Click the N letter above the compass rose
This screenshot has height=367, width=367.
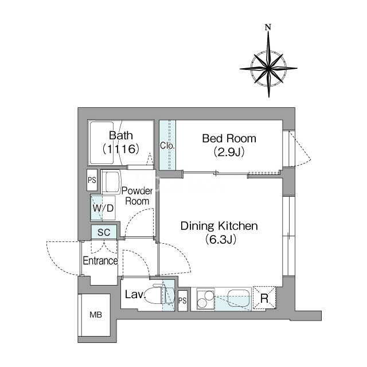pyautogui.click(x=268, y=28)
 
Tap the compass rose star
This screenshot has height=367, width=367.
pyautogui.click(x=268, y=68)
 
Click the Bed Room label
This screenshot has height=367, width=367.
pyautogui.click(x=229, y=138)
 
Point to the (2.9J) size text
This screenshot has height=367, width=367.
pyautogui.click(x=229, y=151)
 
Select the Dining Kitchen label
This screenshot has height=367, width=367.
pyautogui.click(x=219, y=226)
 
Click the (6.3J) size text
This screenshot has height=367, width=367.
pyautogui.click(x=220, y=239)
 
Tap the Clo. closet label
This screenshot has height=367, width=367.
pyautogui.click(x=167, y=146)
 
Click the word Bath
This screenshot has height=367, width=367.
pyautogui.click(x=121, y=135)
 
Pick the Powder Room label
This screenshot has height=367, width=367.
pyautogui.click(x=137, y=196)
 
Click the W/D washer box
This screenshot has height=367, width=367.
pyautogui.click(x=103, y=208)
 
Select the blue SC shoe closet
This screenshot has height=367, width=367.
pyautogui.click(x=104, y=232)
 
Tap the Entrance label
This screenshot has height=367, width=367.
pyautogui.click(x=100, y=261)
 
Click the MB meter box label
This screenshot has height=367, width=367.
pyautogui.click(x=96, y=315)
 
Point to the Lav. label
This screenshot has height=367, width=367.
pyautogui.click(x=135, y=294)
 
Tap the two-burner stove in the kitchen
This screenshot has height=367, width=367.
pyautogui.click(x=206, y=299)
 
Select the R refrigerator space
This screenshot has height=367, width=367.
pyautogui.click(x=264, y=298)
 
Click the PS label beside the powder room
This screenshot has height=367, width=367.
pyautogui.click(x=92, y=180)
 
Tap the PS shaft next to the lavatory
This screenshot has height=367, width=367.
pyautogui.click(x=182, y=300)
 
